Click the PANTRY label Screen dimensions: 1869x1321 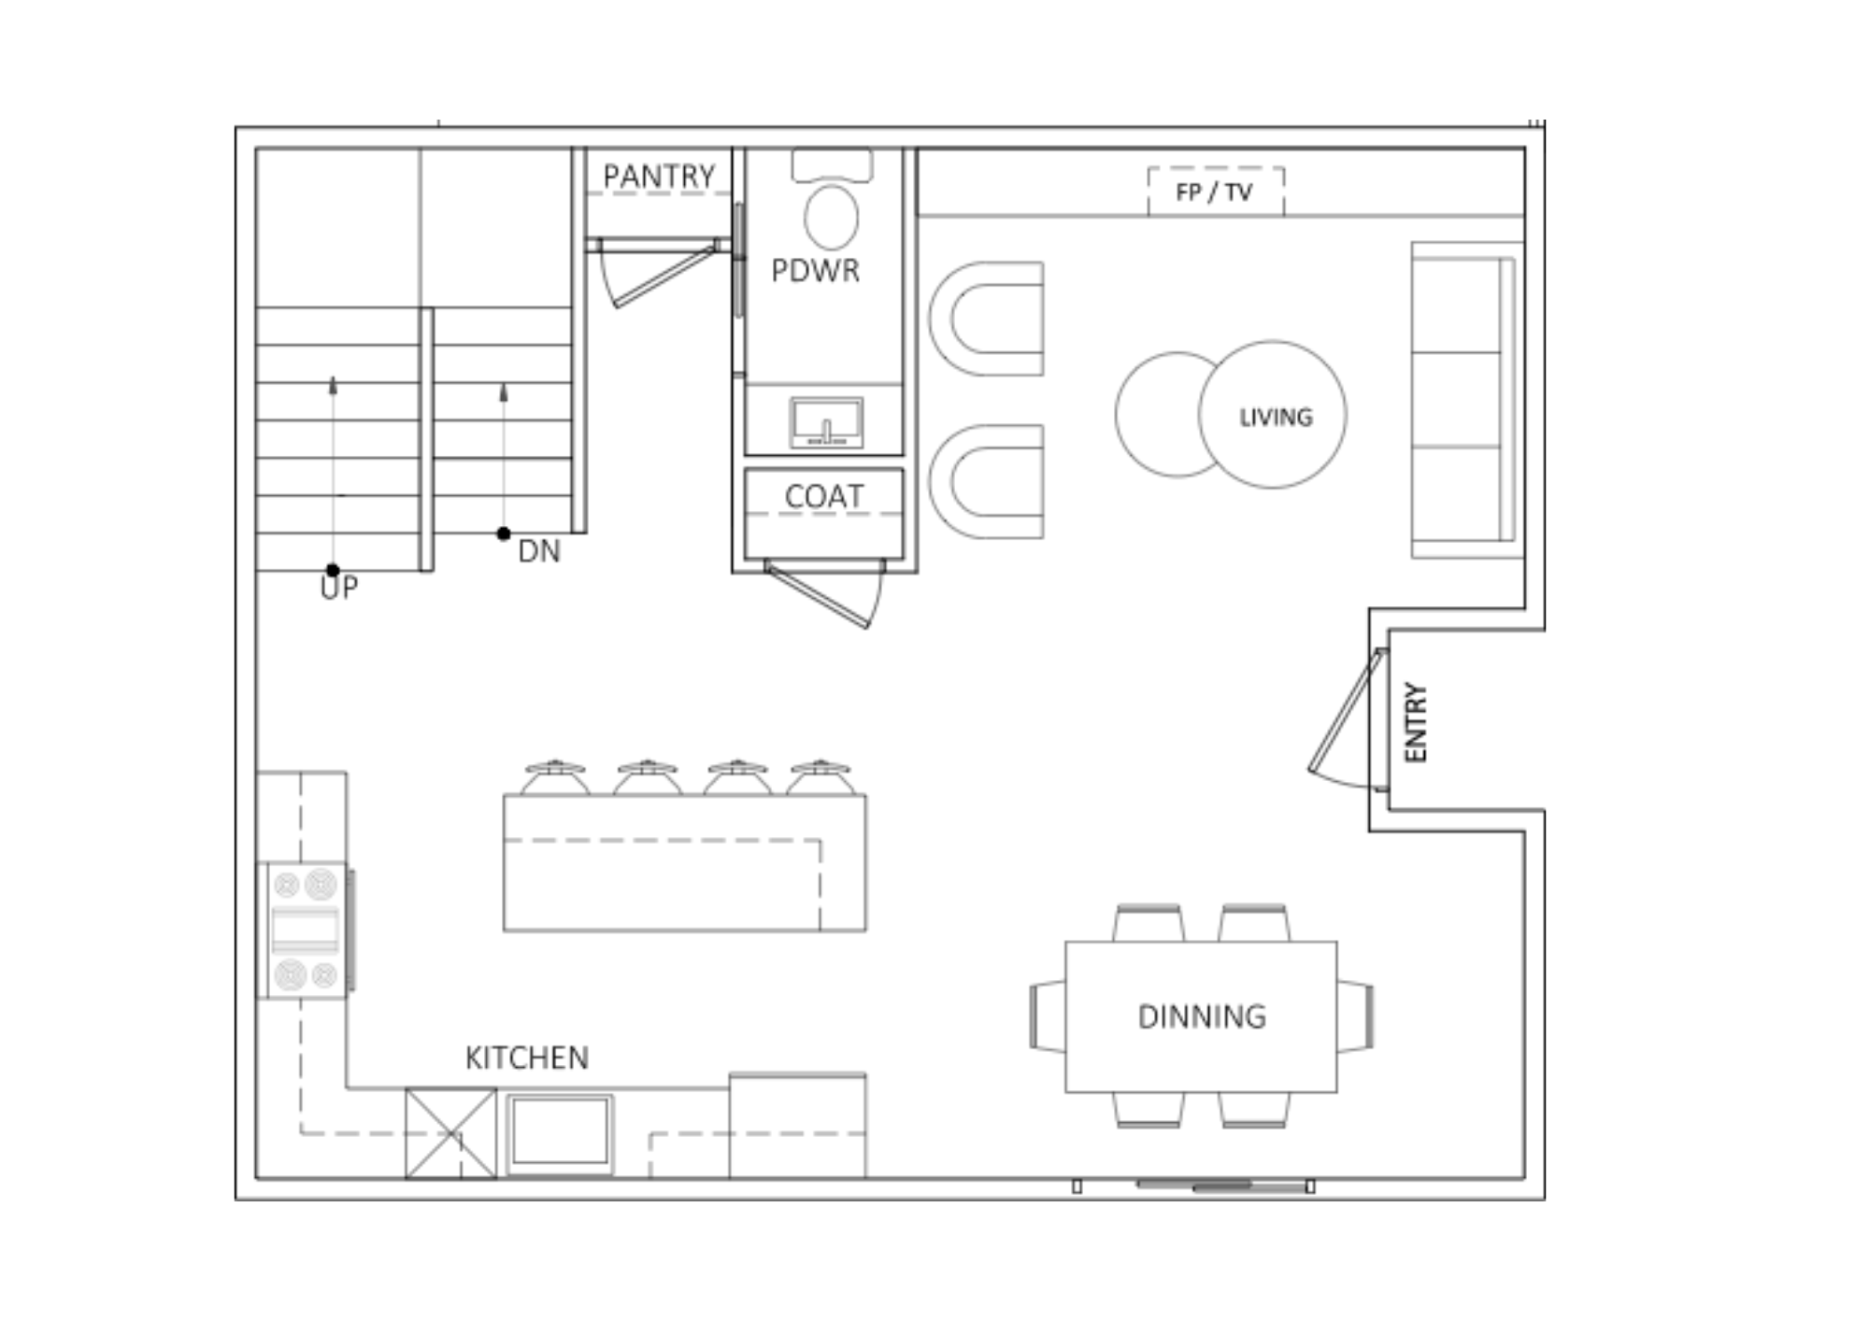pos(659,176)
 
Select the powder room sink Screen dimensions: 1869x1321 pos(826,422)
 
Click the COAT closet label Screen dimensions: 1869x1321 pos(824,496)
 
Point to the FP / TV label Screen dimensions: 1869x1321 pos(1214,192)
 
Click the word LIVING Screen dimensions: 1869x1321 pos(1276,418)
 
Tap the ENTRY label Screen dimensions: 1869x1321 pos(1416,722)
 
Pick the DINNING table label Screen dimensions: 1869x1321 pos(1202,1016)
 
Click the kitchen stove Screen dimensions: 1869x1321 pos(305,930)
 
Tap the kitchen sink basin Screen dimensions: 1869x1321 pos(560,1133)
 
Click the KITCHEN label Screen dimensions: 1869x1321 pos(527,1058)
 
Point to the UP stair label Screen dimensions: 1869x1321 pos(338,588)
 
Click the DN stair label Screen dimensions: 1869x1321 pos(539,551)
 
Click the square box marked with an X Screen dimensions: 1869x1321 pos(451,1133)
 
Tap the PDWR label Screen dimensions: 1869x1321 pos(815,270)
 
